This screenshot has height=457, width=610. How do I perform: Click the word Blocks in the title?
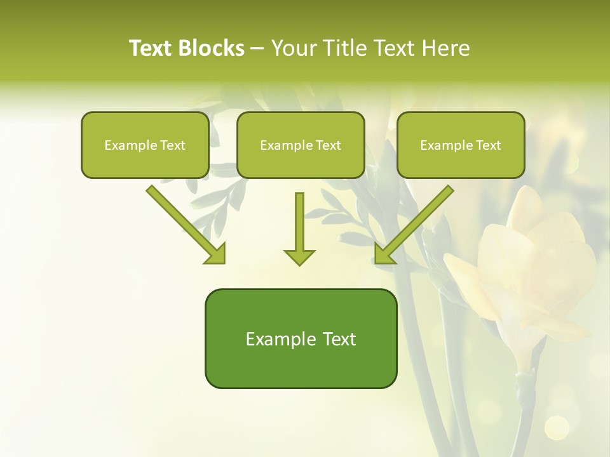pyautogui.click(x=212, y=48)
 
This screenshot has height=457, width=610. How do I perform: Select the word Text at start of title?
pyautogui.click(x=152, y=48)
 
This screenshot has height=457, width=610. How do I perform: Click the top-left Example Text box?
pyautogui.click(x=145, y=145)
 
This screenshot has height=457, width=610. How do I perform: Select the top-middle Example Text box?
pyautogui.click(x=301, y=145)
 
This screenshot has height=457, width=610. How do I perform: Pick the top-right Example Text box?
pyautogui.click(x=461, y=145)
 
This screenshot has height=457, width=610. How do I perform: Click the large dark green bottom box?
pyautogui.click(x=301, y=338)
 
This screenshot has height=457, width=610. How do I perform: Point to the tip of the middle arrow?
pyautogui.click(x=299, y=264)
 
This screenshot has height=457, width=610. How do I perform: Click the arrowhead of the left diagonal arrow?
pyautogui.click(x=216, y=254)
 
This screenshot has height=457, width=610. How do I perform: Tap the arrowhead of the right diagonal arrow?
pyautogui.click(x=384, y=254)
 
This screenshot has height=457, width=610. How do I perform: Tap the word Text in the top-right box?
pyautogui.click(x=488, y=145)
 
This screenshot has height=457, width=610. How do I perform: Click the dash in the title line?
pyautogui.click(x=257, y=49)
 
